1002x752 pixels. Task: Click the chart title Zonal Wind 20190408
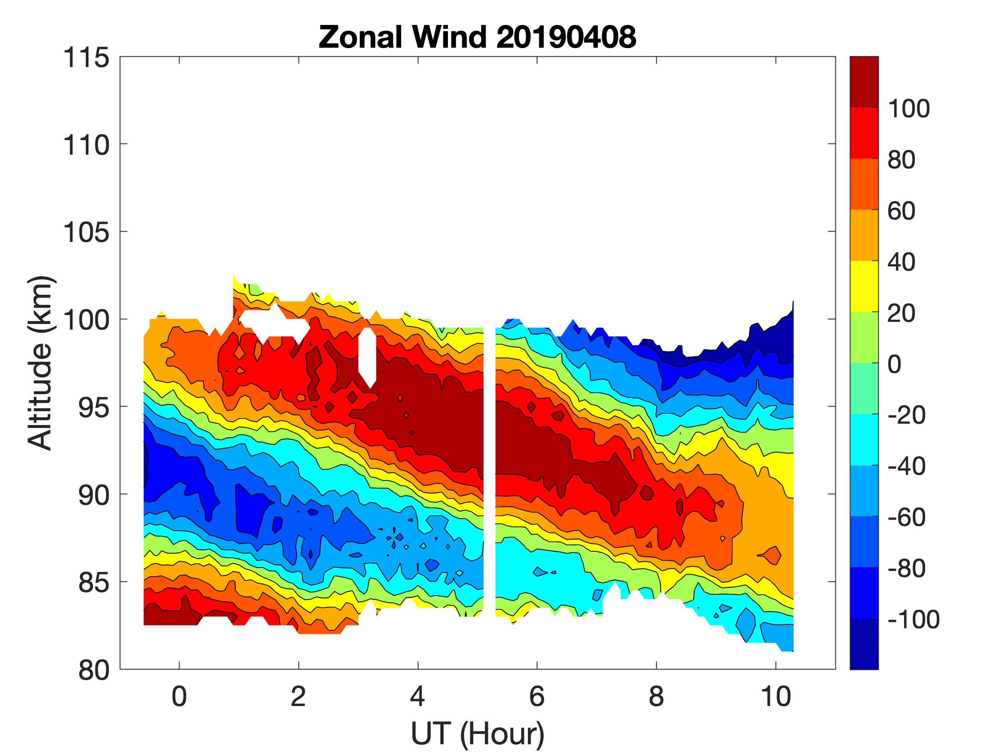[477, 37]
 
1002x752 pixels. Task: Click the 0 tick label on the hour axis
[180, 696]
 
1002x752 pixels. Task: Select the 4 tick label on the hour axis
[417, 696]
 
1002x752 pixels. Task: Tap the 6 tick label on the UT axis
[537, 696]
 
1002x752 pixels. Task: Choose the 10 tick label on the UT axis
[776, 696]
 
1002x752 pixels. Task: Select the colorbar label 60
[901, 211]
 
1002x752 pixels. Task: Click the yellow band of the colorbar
[864, 286]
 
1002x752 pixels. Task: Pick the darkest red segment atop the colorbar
[864, 82]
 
